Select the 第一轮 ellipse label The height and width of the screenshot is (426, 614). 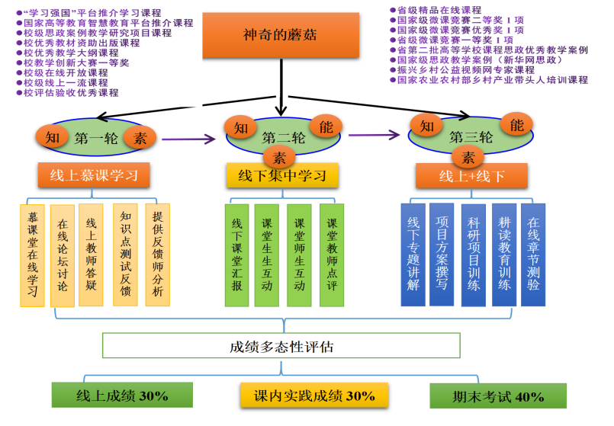95,139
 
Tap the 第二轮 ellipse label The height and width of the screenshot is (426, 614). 281,138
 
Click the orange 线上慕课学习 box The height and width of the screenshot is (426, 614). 93,175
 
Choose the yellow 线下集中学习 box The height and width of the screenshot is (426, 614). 281,176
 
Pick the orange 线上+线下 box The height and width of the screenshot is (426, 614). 471,176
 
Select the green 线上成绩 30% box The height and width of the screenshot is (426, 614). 122,396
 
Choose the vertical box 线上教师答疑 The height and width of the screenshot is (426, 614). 91,255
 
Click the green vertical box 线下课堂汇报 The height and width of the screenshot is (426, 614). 236,255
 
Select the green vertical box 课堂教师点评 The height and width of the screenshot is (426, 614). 332,255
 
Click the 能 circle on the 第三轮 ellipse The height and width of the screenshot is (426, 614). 516,124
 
